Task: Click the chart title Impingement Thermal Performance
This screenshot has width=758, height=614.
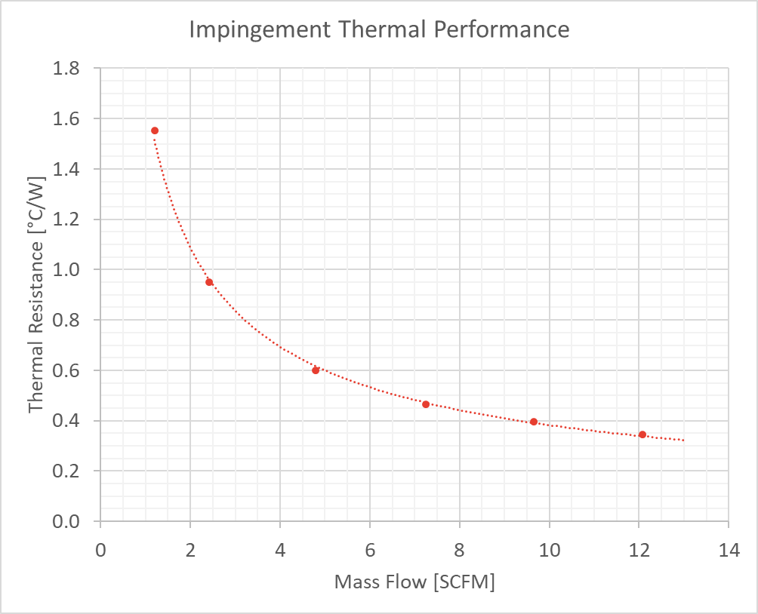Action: [x=378, y=30]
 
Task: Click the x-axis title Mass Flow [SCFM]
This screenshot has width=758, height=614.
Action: [x=414, y=582]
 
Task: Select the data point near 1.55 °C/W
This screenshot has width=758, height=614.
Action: [x=155, y=130]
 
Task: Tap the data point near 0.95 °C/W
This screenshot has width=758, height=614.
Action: [x=209, y=282]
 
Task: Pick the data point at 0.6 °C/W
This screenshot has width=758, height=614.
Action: [x=316, y=370]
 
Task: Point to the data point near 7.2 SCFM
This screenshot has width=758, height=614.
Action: [x=426, y=404]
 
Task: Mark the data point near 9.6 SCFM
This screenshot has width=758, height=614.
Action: [x=534, y=422]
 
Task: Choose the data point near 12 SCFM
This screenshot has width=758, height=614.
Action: [x=642, y=434]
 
